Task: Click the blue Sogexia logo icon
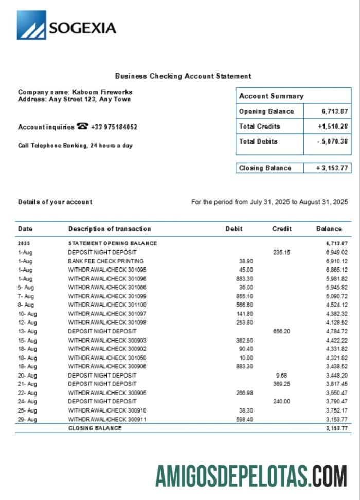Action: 31,25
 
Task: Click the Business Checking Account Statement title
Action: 183,76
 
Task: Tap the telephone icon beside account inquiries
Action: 82,126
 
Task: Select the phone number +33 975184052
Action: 114,127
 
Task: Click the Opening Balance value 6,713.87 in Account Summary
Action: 335,111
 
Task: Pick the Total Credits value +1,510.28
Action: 333,126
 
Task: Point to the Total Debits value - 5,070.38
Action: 333,141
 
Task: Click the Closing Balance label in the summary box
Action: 265,168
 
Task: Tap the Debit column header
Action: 234,229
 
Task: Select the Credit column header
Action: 282,229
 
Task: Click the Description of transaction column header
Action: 110,229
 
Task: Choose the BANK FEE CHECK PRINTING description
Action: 106,261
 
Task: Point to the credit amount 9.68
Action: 281,375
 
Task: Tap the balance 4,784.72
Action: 337,331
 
